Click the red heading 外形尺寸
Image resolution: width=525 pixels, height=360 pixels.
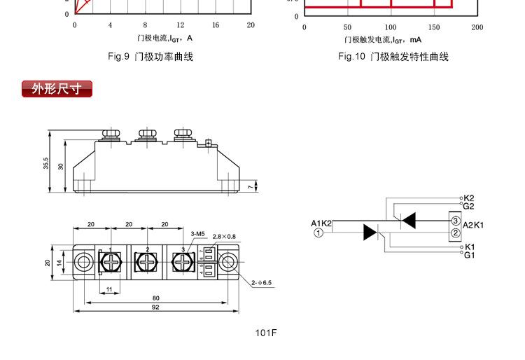coord(57,89)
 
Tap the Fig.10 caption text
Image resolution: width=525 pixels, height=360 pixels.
coord(393,57)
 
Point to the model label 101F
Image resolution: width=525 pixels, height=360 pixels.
coord(266,332)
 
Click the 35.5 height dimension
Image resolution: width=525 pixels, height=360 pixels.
coord(45,162)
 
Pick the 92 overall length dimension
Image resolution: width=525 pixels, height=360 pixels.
coord(155,307)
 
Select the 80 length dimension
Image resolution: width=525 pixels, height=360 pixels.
coord(155,298)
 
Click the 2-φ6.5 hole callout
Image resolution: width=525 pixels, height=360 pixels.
coord(261,284)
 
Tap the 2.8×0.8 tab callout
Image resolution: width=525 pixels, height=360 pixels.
coord(224,237)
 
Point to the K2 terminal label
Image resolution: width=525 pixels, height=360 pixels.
coord(468,198)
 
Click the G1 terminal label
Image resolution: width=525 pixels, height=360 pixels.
coord(468,255)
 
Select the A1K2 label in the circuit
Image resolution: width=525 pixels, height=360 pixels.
coord(321,223)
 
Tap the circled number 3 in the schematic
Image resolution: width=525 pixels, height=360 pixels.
coord(455,221)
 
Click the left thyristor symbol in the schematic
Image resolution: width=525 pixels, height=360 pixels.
coord(370,233)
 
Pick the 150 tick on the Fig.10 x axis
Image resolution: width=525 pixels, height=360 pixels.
coord(434,27)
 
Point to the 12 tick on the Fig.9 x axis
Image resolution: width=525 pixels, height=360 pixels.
coord(181,25)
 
